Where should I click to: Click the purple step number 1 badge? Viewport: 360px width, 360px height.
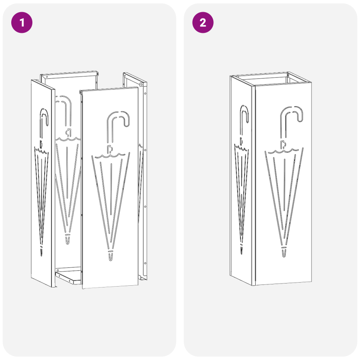22,22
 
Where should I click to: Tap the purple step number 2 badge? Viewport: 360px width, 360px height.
203,22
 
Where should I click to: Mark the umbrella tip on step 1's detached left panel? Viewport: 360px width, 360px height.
42,251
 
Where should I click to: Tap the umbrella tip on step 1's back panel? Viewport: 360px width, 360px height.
68,239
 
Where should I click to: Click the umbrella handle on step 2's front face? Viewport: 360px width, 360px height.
291,115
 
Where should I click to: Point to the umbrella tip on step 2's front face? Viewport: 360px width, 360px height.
284,252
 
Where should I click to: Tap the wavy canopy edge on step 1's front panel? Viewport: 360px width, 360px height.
110,156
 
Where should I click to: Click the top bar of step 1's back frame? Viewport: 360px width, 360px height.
70,74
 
